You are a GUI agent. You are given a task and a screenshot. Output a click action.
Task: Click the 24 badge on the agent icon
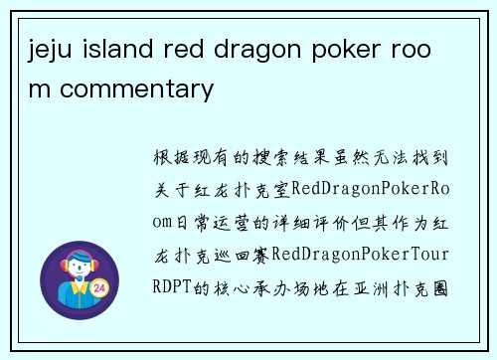click(98, 288)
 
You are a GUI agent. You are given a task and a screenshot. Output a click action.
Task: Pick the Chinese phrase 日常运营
click(214, 222)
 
